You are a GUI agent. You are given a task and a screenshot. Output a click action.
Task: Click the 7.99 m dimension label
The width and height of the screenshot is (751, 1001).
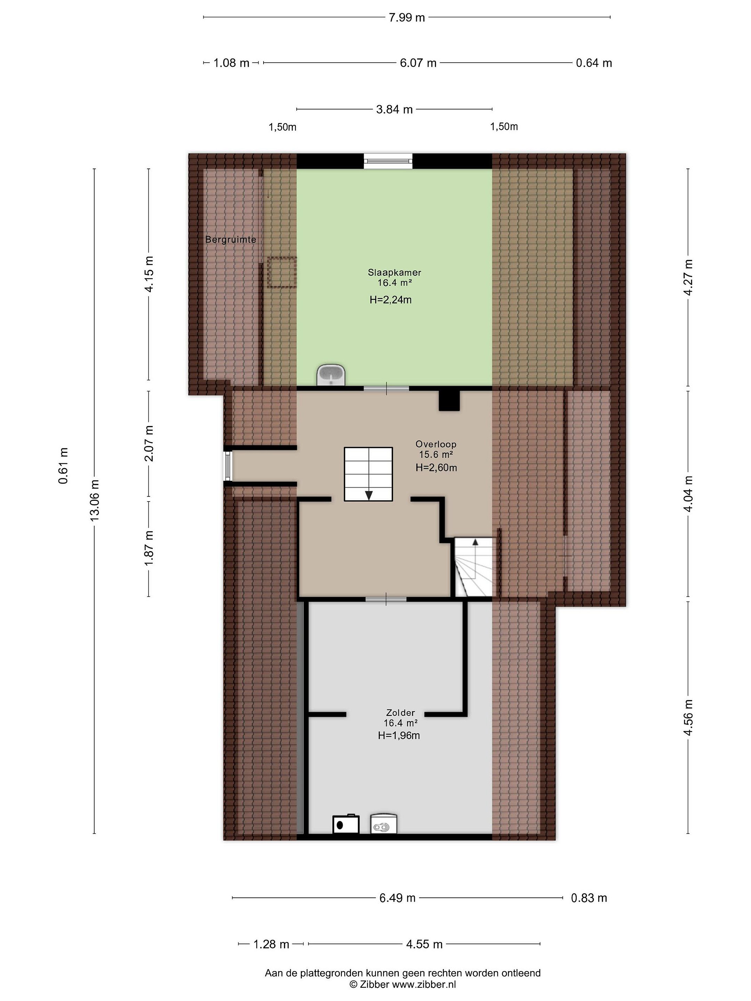pyautogui.click(x=406, y=18)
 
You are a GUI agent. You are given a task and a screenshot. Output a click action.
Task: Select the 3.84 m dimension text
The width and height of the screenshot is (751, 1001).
pyautogui.click(x=394, y=109)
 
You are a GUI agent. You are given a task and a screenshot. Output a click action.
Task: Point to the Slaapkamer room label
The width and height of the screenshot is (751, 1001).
pyautogui.click(x=394, y=272)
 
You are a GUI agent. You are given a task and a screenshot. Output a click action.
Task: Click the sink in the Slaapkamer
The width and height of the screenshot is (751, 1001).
pyautogui.click(x=331, y=375)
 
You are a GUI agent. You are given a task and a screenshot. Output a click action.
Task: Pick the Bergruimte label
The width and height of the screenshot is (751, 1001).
pyautogui.click(x=231, y=239)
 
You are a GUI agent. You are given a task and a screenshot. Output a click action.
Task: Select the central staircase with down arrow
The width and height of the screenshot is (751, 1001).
pyautogui.click(x=368, y=474)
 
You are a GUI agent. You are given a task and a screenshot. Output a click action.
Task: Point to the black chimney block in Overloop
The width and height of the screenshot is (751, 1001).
pyautogui.click(x=449, y=400)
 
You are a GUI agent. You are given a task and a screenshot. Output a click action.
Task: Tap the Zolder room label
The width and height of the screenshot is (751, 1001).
pyautogui.click(x=400, y=713)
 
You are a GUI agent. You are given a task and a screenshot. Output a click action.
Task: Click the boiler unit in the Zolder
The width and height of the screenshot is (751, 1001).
pyautogui.click(x=346, y=824)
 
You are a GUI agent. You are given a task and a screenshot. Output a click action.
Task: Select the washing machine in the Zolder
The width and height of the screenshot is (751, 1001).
pyautogui.click(x=383, y=824)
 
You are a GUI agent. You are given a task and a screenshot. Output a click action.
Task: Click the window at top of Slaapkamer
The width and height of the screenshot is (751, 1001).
pyautogui.click(x=388, y=161)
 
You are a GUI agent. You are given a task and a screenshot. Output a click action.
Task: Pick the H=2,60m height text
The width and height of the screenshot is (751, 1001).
pyautogui.click(x=436, y=468)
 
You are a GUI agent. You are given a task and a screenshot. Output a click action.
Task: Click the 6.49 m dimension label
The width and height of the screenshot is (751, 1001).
pyautogui.click(x=397, y=898)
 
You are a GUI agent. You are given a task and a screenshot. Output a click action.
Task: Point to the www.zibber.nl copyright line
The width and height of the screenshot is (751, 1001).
pyautogui.click(x=402, y=984)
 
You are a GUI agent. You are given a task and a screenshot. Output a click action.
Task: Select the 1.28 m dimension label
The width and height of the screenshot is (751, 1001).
pyautogui.click(x=271, y=944)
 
